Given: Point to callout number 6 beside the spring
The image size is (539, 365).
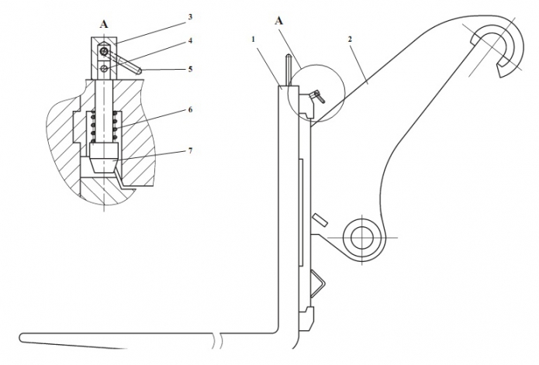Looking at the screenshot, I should (x=191, y=110).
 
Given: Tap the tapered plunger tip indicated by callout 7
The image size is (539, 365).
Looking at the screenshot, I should (x=104, y=162).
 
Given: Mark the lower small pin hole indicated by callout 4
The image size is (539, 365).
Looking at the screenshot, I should (x=104, y=68).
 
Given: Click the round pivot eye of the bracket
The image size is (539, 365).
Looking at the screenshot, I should (x=360, y=234).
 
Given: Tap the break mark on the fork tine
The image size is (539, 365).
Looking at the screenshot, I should (x=222, y=338).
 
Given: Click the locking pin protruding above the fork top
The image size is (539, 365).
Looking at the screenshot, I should (x=288, y=70).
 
